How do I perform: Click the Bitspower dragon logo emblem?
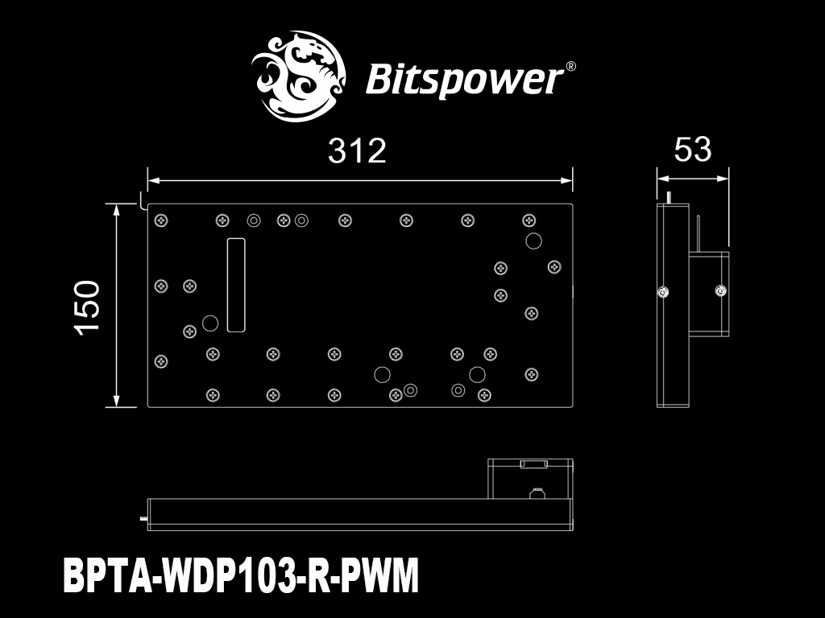tap(298, 76)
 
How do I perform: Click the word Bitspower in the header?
tap(463, 80)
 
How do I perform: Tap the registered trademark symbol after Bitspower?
tap(570, 67)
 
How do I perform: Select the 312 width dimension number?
tap(357, 150)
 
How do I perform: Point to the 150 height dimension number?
tap(87, 307)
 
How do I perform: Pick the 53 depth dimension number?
tap(692, 149)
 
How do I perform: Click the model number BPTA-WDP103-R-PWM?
tap(241, 575)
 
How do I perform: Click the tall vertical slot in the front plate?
tap(236, 285)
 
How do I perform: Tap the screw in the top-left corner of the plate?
tap(161, 220)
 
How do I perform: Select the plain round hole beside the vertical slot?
tap(210, 323)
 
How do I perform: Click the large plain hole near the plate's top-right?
tap(533, 241)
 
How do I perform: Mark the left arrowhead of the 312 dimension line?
tap(149, 180)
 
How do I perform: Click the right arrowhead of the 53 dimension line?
tap(728, 179)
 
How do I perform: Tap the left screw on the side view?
tap(664, 291)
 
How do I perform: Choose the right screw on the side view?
tap(721, 290)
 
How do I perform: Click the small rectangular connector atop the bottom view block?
tap(534, 464)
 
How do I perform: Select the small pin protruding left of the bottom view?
tap(144, 519)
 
